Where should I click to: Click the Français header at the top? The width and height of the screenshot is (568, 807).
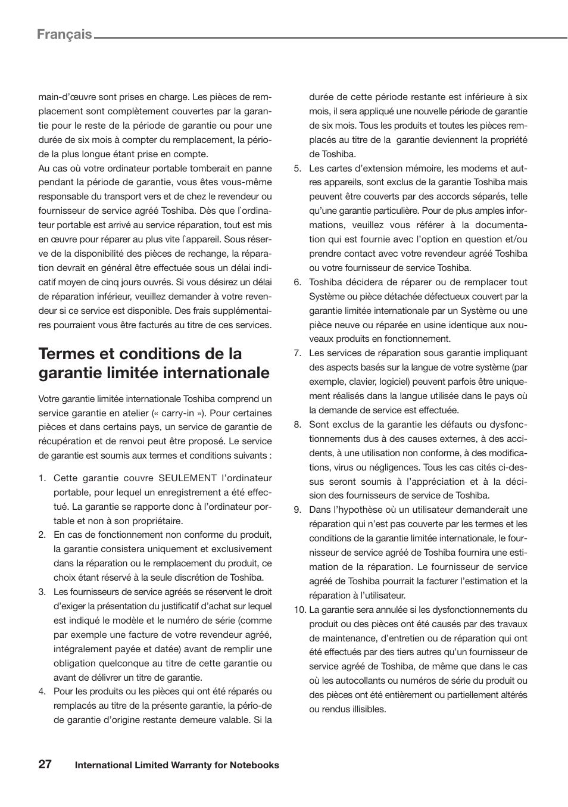pyautogui.click(x=64, y=35)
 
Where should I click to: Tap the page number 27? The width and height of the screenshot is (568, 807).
pyautogui.click(x=45, y=765)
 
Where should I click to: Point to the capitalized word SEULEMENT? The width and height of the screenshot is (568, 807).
pyautogui.click(x=188, y=478)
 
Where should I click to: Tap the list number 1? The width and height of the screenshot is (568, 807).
pyautogui.click(x=42, y=478)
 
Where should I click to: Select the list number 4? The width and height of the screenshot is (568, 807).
pyautogui.click(x=42, y=691)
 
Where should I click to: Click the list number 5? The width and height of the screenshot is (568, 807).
pyautogui.click(x=297, y=169)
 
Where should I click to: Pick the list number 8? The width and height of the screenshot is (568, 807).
pyautogui.click(x=297, y=425)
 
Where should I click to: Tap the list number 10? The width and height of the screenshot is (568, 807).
pyautogui.click(x=299, y=610)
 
